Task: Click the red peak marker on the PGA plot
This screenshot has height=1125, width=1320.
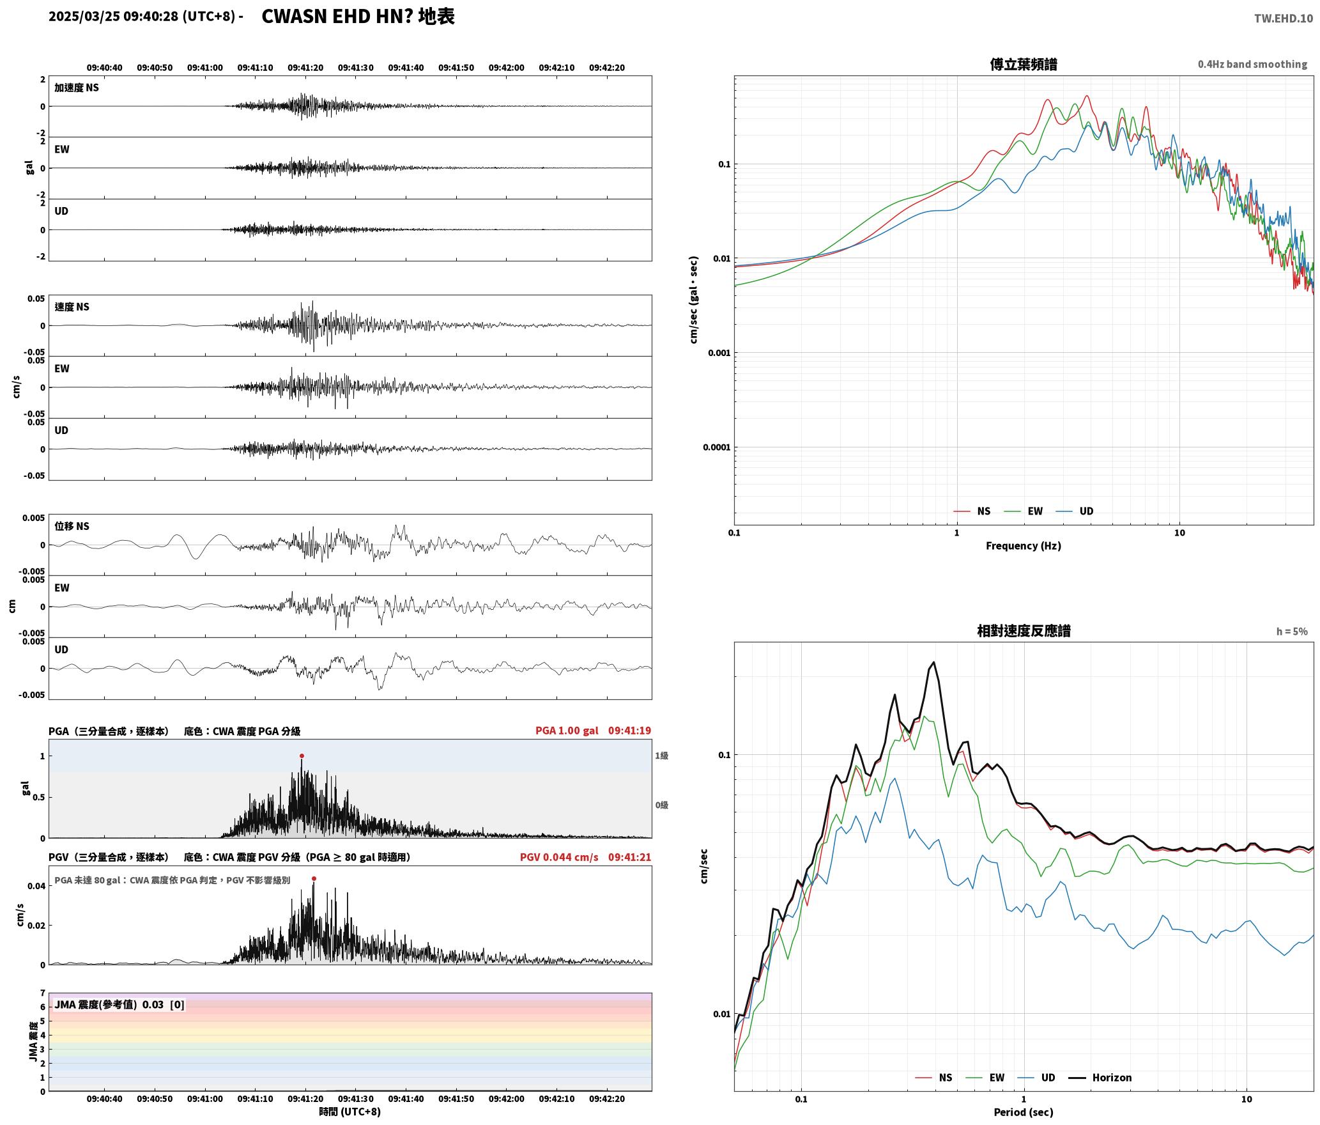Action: [302, 756]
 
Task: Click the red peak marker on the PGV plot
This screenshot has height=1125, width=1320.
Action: [314, 878]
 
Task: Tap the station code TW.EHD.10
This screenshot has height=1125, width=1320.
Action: [1284, 19]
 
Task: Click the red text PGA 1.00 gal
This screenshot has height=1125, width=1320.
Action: [567, 731]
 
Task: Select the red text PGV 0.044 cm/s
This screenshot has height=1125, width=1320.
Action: [559, 857]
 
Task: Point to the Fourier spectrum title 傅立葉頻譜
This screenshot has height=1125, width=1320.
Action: [1024, 64]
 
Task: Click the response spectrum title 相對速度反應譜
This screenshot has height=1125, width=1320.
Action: [1024, 631]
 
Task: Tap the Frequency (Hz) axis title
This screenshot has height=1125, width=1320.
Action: [1024, 546]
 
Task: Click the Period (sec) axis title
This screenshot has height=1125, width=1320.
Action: [1024, 1112]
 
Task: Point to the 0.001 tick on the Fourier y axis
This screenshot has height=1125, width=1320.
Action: [719, 353]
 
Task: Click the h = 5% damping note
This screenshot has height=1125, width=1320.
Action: [1292, 632]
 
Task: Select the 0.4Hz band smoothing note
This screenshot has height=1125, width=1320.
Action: [1252, 65]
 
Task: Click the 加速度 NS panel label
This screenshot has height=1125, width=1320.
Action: [77, 88]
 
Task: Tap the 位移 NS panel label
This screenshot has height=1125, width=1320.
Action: [72, 526]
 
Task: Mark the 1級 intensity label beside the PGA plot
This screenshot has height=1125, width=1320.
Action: [661, 756]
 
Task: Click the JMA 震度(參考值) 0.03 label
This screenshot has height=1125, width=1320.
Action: [109, 1004]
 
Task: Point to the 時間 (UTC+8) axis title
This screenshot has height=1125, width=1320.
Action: [350, 1112]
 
